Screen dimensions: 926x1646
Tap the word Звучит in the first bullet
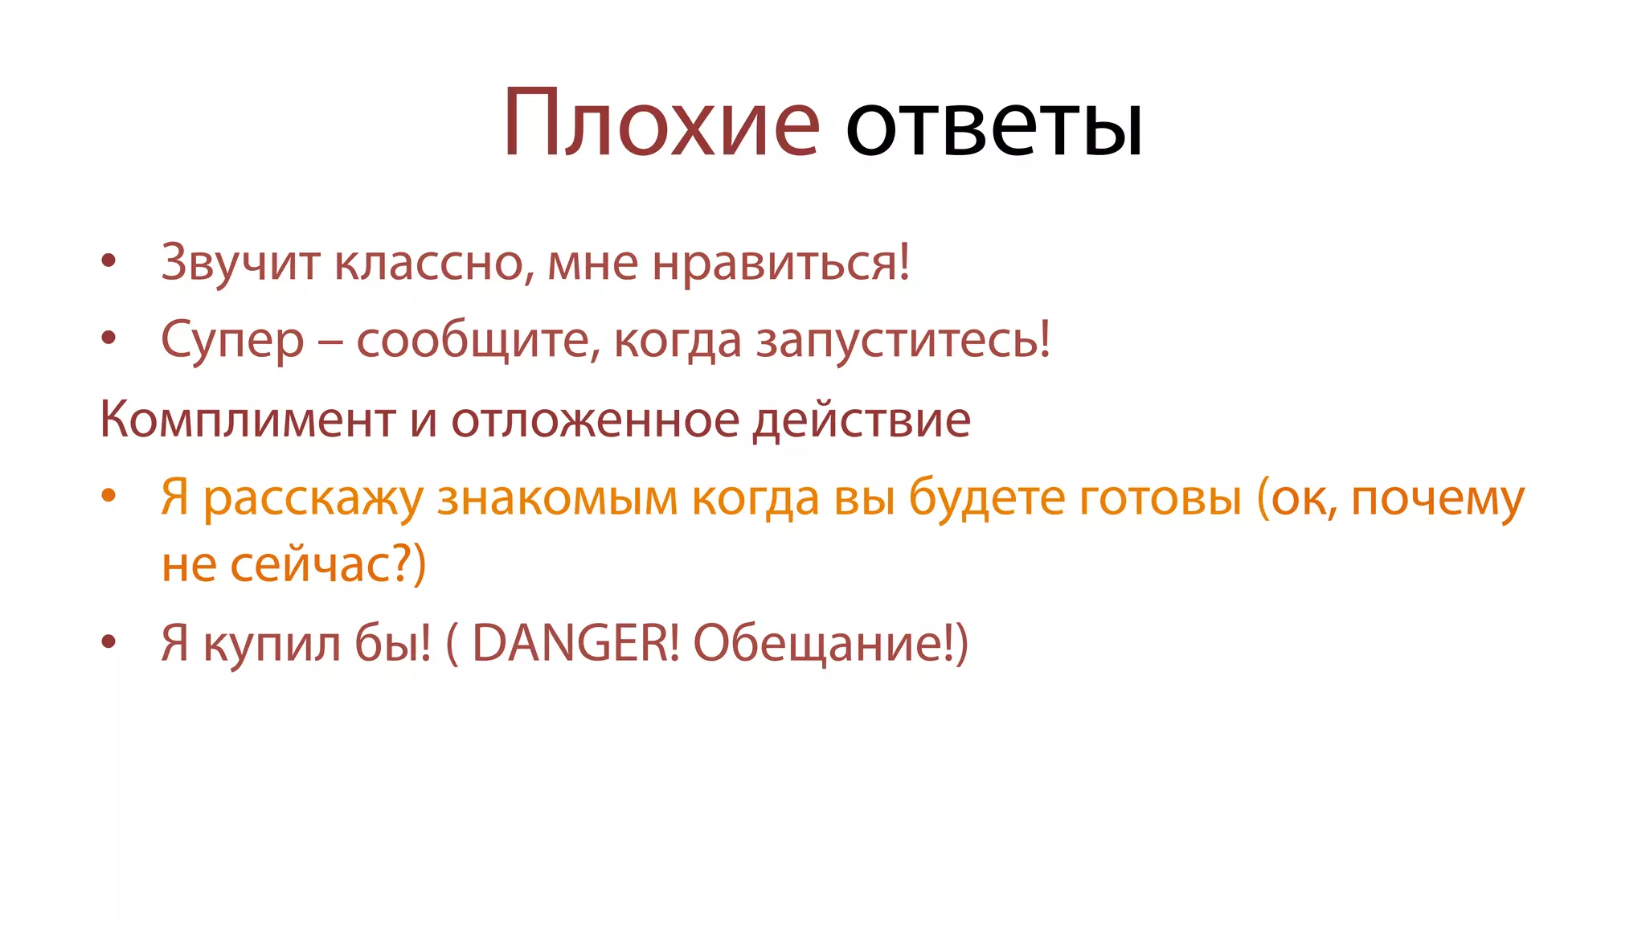(240, 263)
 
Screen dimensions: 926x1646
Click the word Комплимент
(248, 420)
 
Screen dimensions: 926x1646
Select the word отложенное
(595, 420)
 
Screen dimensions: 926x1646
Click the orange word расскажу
(313, 498)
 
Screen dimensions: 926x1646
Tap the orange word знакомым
(558, 498)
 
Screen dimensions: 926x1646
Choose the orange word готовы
(1160, 498)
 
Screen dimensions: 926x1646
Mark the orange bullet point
(109, 495)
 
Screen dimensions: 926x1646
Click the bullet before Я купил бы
(109, 642)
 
